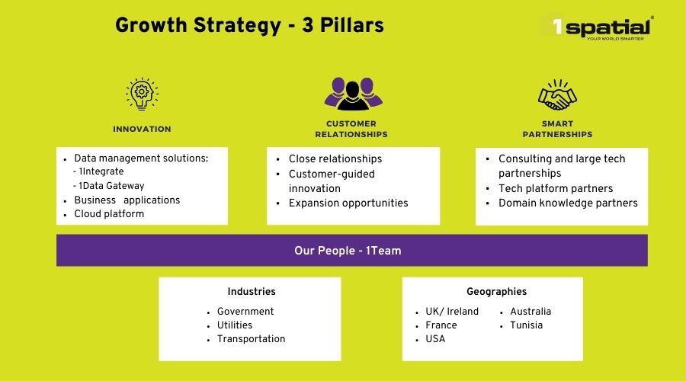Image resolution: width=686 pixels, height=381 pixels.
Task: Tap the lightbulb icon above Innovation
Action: tap(143, 94)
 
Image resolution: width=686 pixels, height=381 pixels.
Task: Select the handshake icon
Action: tap(557, 94)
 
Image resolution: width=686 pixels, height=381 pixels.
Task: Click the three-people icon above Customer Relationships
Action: tap(353, 94)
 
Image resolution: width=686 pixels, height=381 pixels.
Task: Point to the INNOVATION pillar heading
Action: tap(142, 129)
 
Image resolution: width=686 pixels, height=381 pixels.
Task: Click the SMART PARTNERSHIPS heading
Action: tap(557, 129)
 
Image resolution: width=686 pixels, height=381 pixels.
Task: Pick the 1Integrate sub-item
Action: tap(98, 171)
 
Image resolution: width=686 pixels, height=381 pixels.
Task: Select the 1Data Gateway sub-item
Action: tap(108, 185)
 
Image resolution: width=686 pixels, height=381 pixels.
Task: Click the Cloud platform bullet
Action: tap(109, 214)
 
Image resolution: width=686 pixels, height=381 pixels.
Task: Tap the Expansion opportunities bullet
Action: tap(348, 203)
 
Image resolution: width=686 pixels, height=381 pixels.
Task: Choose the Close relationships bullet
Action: tap(335, 158)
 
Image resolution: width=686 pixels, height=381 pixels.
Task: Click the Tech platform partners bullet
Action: tap(556, 188)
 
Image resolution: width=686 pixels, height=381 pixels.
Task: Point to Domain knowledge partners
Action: tap(568, 203)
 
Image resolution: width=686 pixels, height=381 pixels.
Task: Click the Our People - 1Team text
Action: tap(348, 251)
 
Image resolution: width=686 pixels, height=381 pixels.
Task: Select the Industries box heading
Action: tap(252, 291)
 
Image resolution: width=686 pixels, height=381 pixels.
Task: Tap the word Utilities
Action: tap(235, 325)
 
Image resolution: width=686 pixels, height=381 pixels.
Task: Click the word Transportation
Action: tap(251, 339)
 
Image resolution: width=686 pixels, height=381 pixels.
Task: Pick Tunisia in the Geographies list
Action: tap(526, 325)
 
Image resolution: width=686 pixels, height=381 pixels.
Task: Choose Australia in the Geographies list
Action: tap(531, 312)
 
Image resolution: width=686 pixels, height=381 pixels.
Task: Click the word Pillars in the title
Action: tap(351, 25)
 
